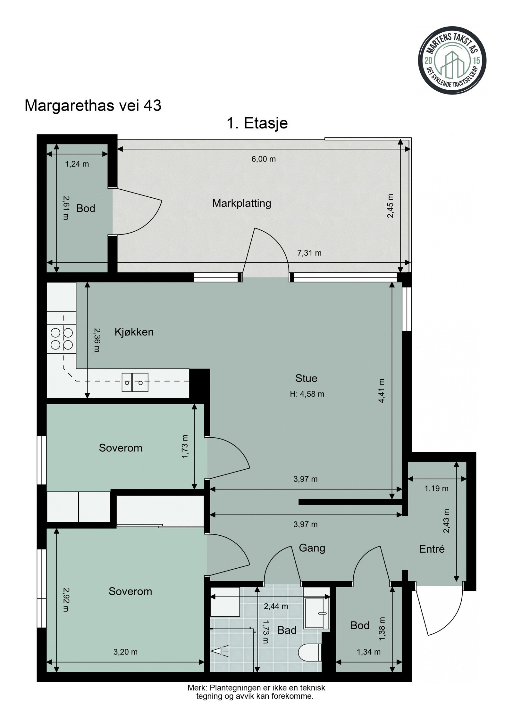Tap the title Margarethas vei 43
[x=93, y=106]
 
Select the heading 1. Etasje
[x=257, y=123]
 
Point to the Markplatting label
[x=241, y=203]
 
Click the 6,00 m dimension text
[x=264, y=159]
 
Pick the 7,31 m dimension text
[x=309, y=253]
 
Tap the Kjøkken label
[x=134, y=332]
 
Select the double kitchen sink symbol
[x=135, y=382]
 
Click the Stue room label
[x=306, y=378]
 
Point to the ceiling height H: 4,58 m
[x=307, y=394]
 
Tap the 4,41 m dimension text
[x=382, y=391]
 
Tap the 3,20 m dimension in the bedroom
[x=125, y=652]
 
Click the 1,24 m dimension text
[x=77, y=164]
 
